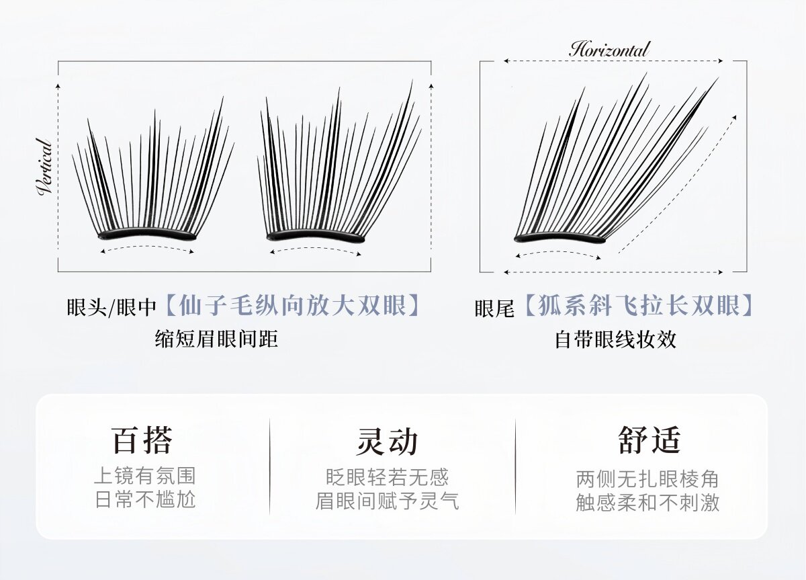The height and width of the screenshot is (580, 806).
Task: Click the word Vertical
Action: (x=45, y=167)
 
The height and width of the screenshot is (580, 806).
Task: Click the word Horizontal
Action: (x=609, y=49)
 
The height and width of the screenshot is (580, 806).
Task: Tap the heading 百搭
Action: (x=143, y=440)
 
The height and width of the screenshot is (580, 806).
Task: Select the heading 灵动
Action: (x=387, y=441)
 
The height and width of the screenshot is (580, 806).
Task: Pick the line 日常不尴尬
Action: (x=144, y=501)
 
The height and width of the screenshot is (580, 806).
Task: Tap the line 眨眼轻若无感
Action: (x=387, y=477)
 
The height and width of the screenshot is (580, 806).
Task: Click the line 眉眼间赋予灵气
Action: (x=387, y=501)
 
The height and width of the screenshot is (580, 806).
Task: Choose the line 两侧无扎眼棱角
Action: (x=647, y=479)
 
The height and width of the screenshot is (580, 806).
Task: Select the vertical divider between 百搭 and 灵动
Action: (x=270, y=466)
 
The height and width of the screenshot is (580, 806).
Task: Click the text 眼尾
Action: (x=494, y=308)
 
